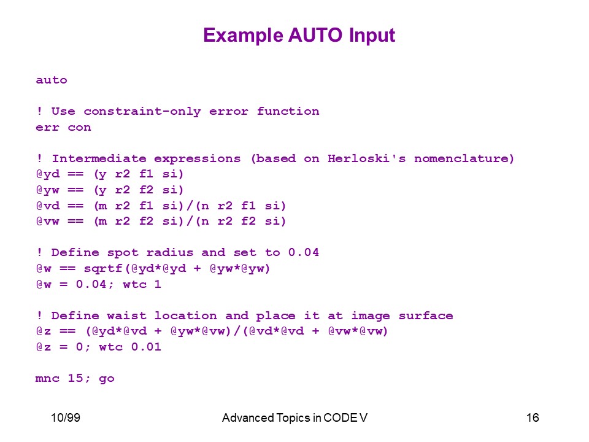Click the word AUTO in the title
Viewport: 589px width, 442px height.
[315, 36]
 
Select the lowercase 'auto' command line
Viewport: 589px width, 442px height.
[52, 80]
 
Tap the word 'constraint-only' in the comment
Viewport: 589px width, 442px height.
[142, 112]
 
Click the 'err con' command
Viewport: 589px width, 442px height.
[63, 128]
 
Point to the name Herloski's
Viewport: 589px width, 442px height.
[367, 158]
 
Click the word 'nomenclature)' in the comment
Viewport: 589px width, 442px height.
[464, 158]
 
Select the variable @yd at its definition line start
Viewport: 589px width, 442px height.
[48, 174]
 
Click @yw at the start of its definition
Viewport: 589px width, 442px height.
[48, 190]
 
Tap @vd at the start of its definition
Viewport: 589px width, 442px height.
[48, 206]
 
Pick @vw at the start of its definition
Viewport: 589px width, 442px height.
[48, 222]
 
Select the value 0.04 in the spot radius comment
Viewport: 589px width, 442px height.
[304, 252]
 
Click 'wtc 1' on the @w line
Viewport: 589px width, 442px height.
[142, 284]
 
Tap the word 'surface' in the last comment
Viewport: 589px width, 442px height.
[426, 316]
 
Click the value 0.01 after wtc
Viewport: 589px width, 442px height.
[146, 347]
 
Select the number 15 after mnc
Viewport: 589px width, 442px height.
[75, 378]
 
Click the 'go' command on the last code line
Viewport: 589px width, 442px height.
[107, 379]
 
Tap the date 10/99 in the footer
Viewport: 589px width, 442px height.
[66, 417]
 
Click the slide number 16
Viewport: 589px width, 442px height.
[533, 417]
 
